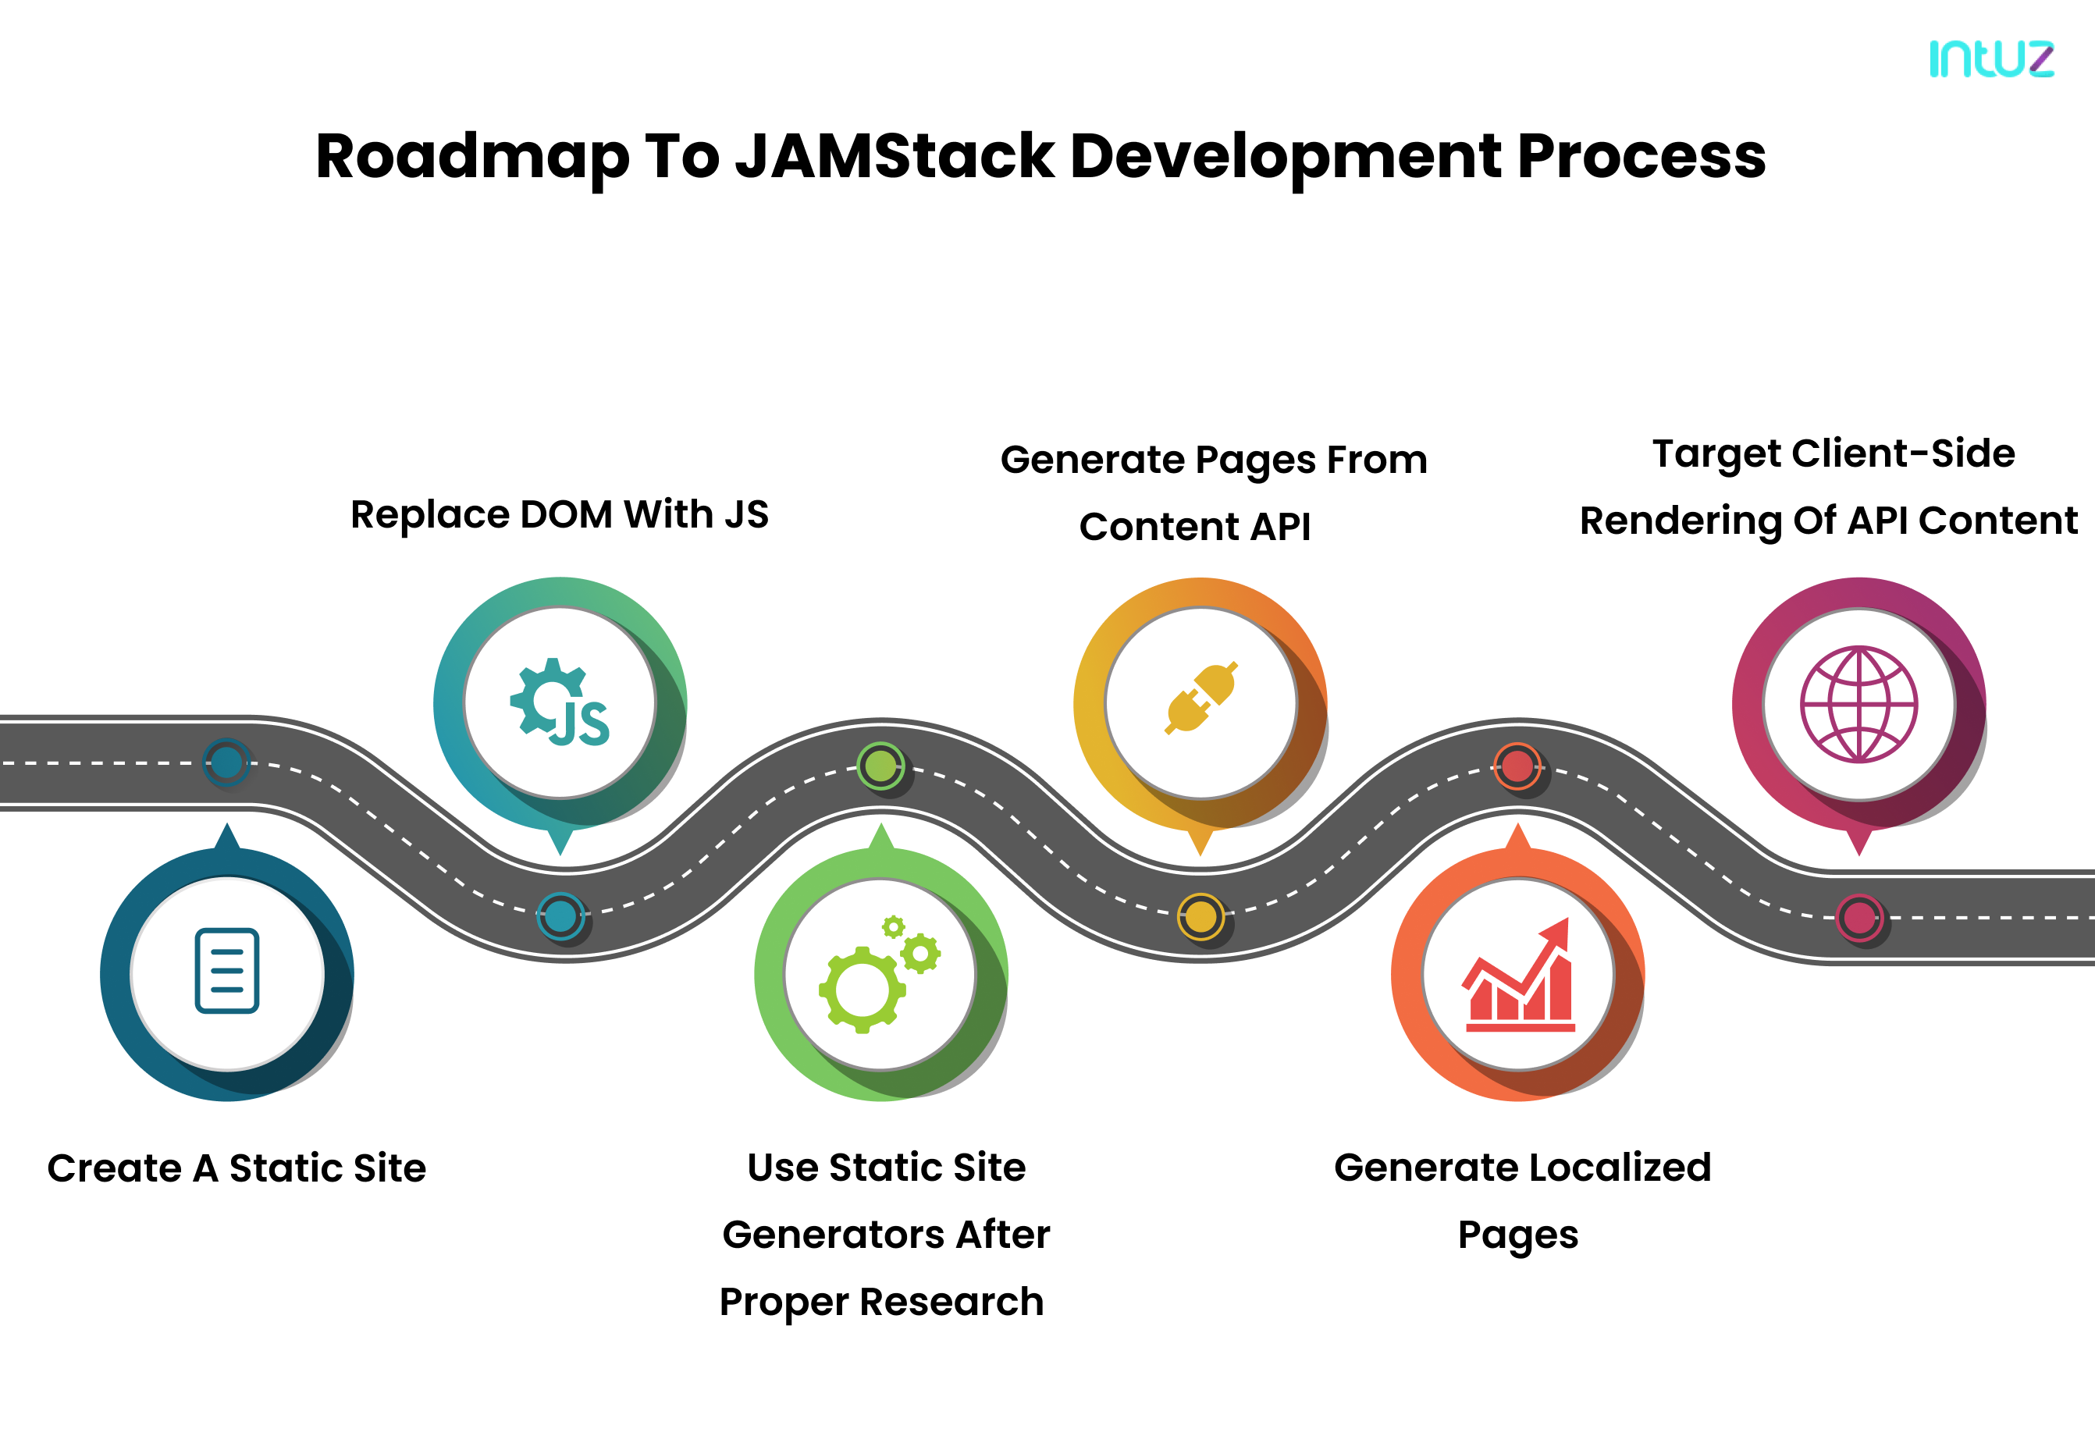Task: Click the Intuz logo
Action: point(1990,59)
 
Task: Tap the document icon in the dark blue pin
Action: point(227,971)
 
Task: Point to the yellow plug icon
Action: point(1200,698)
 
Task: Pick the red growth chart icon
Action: point(1519,977)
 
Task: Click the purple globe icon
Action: point(1858,704)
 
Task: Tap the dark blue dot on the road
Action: point(226,762)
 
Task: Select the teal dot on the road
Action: point(560,917)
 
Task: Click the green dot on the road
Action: point(880,766)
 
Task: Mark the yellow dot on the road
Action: point(1200,917)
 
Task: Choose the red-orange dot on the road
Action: point(1517,766)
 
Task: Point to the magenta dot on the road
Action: point(1858,918)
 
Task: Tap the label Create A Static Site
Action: point(237,1168)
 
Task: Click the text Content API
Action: point(1194,527)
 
